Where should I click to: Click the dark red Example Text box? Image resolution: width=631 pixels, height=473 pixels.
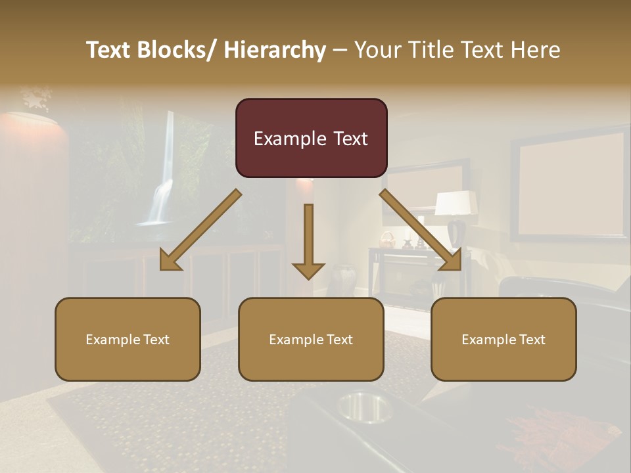pos(311,138)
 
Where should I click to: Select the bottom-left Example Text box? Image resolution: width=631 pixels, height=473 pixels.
pos(128,339)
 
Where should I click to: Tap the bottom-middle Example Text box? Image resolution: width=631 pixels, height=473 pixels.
pos(311,339)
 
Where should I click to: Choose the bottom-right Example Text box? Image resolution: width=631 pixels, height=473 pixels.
pos(503,339)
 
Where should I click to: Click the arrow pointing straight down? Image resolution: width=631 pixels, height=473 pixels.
pos(308,240)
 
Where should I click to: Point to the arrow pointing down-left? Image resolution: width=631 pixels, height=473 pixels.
pos(200,230)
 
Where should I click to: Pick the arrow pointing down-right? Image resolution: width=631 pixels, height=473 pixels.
pos(421,230)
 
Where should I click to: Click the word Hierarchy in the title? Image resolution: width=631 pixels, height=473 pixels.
pos(275,50)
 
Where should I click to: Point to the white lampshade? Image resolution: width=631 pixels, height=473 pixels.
pos(456,202)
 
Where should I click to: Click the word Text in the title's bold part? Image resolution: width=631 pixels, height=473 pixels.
pos(111,50)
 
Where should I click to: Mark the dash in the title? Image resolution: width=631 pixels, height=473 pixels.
pos(340,50)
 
